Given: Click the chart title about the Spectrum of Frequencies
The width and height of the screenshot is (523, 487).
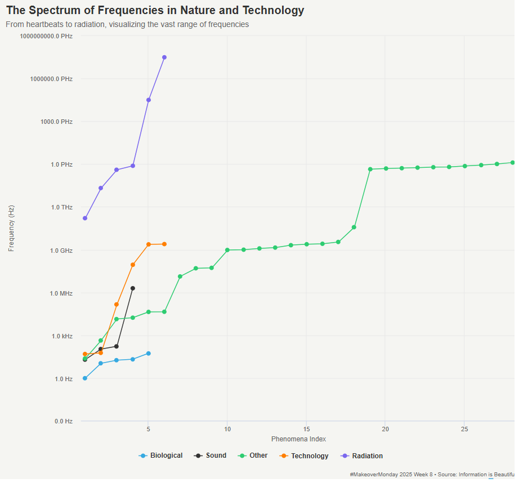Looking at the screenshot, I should click(155, 11).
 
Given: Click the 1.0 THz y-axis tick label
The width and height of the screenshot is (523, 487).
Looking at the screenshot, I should click(59, 208).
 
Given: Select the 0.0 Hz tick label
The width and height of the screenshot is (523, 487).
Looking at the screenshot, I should click(63, 421).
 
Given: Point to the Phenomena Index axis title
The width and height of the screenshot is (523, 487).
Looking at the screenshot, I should click(298, 439).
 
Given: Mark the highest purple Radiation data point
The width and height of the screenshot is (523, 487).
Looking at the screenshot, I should click(164, 57).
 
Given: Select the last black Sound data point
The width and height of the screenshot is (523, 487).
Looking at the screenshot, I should click(133, 288).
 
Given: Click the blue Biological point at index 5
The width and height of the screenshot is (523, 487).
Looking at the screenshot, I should click(148, 354).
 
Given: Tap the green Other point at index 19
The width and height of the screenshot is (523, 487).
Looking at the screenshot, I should click(370, 169).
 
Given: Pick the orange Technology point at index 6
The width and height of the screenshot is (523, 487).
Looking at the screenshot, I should click(164, 244).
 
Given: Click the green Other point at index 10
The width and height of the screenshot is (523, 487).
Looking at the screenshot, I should click(227, 250).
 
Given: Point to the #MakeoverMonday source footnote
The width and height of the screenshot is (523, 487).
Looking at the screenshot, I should click(432, 475).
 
